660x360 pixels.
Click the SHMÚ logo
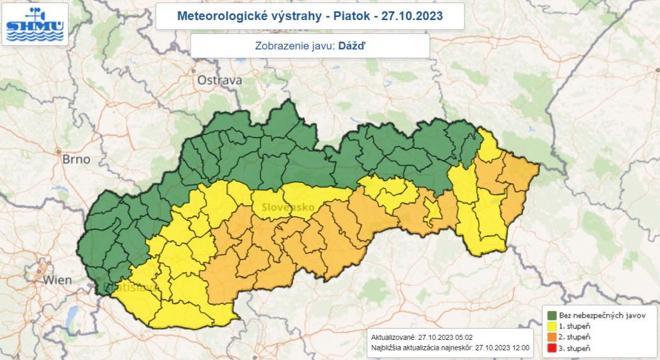coord(35,25)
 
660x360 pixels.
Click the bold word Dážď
coord(351,46)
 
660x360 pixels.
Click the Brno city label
coord(76,159)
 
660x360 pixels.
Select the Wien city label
coord(57,280)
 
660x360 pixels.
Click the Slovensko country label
coord(280,207)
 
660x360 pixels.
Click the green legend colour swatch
coord(551,315)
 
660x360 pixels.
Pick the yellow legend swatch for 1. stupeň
coord(551,326)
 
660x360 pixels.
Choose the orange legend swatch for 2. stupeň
coord(551,337)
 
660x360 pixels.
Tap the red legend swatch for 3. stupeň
coord(551,347)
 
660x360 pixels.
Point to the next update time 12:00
coord(520,347)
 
